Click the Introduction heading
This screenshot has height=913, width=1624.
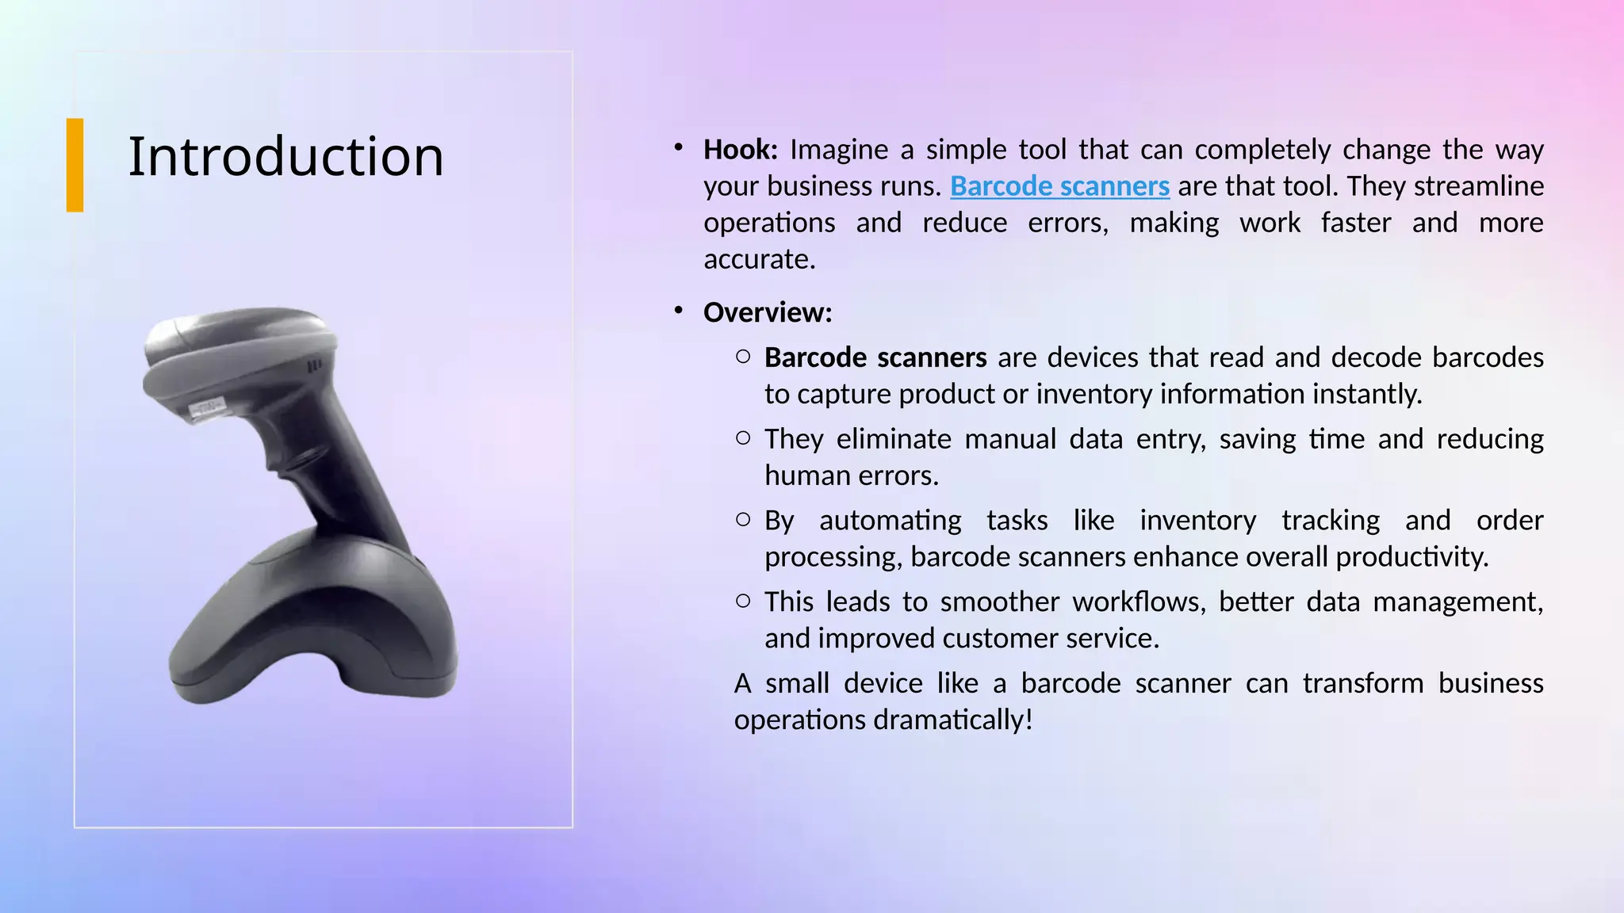point(285,156)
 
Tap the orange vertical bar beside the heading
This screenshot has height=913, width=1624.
point(75,165)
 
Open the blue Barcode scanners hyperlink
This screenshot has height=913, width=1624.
point(1059,186)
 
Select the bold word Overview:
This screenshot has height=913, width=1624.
point(768,313)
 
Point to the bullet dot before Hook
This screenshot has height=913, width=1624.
point(679,147)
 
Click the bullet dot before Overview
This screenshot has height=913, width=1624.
point(679,310)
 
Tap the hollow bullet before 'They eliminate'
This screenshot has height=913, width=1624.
point(743,437)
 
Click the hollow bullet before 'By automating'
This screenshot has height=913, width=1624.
point(743,519)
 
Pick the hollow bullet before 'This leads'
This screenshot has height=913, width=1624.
point(743,601)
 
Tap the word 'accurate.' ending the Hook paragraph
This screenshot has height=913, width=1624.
point(760,259)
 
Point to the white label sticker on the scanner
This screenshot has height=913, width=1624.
point(205,407)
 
